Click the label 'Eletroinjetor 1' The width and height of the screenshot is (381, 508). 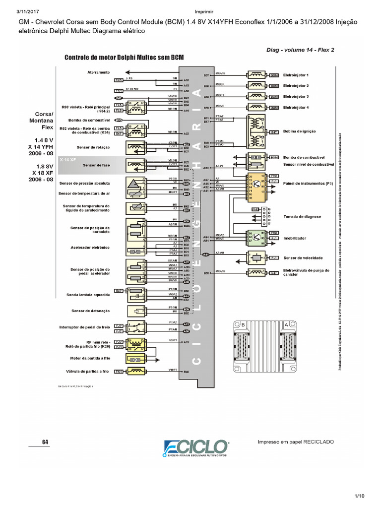[x=296, y=75]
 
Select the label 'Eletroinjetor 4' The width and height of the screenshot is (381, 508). [x=296, y=107]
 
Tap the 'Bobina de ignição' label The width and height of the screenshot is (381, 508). [x=299, y=131]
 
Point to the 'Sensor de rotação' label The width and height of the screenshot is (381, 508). [x=93, y=147]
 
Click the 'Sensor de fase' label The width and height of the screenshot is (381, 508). [x=96, y=165]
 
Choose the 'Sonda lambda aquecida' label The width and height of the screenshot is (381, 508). [x=88, y=295]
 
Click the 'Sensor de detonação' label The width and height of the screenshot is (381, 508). [x=91, y=311]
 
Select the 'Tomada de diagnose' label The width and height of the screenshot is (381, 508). [x=301, y=217]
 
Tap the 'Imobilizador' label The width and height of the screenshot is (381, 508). [x=294, y=238]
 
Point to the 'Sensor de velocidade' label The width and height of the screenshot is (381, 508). [x=303, y=258]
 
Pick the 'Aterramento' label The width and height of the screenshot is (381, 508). [x=98, y=72]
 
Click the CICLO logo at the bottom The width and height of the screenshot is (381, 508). [x=195, y=447]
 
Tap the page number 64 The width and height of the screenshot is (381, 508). [x=45, y=442]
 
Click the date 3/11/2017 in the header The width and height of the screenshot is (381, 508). [x=14, y=12]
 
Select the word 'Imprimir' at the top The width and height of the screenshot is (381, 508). [x=190, y=12]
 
